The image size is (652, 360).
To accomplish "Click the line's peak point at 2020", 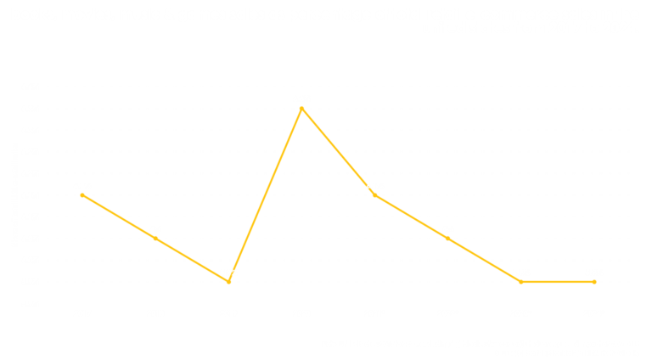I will coord(301,108).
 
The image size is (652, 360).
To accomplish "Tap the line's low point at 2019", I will coord(228,281).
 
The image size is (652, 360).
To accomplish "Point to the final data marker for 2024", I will coord(594,281).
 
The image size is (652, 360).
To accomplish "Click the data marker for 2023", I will coord(521,281).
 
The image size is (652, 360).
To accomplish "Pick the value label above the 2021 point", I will coord(375,185).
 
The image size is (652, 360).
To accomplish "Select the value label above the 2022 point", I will coord(448,228).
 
